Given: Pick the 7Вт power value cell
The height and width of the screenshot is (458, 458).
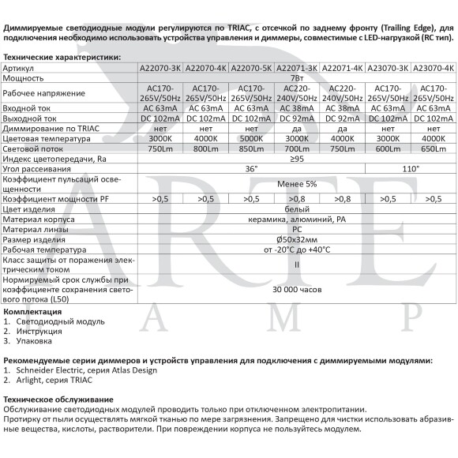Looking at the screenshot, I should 297,79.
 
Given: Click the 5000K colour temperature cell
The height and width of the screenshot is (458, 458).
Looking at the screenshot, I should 251,137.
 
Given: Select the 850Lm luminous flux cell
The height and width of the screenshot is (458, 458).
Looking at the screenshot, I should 251,148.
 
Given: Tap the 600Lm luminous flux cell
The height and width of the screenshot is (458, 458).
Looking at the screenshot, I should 388,148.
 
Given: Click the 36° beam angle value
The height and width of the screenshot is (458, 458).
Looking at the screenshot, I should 251,168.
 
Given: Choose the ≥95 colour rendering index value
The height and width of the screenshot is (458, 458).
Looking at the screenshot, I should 297,158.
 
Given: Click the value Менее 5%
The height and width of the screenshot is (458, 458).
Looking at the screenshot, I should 297,183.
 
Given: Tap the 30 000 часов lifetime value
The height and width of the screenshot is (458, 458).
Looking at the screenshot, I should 297,289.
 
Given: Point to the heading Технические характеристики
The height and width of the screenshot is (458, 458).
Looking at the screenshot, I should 62,58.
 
